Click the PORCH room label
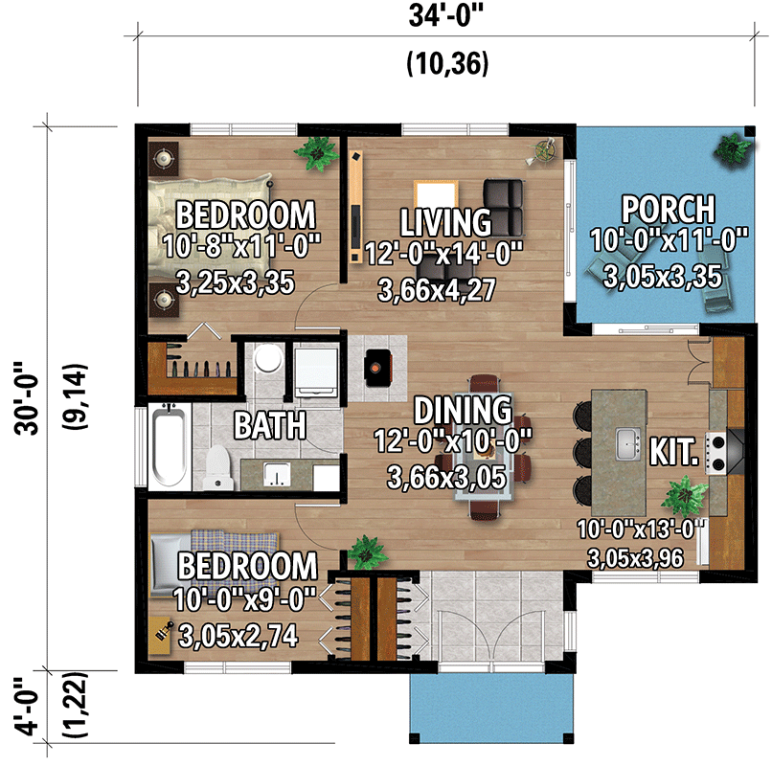point(668,208)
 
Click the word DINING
point(463,411)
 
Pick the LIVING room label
point(445,222)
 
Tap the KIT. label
point(672,450)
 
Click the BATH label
point(272,424)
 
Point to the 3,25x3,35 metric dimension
point(235,282)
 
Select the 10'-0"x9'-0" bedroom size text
point(245,600)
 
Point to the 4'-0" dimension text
point(30,707)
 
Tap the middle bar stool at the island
point(581,450)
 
